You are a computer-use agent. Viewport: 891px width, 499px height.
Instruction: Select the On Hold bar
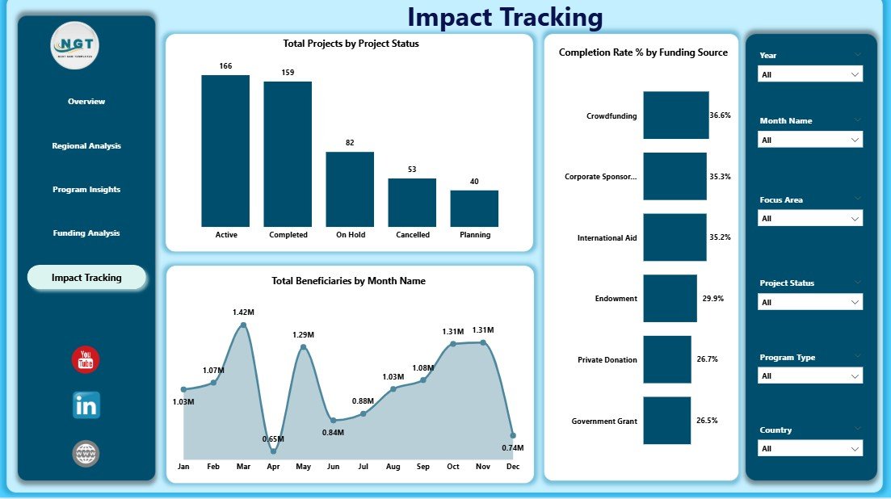[350, 189]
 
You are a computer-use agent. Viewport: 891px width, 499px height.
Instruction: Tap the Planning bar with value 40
[474, 208]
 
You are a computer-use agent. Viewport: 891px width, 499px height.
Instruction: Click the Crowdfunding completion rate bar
[675, 115]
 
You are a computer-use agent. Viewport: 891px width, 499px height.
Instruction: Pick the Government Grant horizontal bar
[666, 421]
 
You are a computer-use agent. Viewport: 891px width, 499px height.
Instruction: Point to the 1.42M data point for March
[243, 325]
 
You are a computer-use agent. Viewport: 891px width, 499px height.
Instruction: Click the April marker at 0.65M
[273, 451]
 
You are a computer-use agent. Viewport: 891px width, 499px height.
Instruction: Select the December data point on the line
[512, 435]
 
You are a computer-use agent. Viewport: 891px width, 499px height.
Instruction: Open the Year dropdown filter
[810, 74]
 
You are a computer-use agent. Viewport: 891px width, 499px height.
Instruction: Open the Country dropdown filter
[810, 448]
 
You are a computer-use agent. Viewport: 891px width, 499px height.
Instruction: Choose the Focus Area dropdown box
[810, 218]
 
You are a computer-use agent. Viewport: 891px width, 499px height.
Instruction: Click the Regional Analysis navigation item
[86, 146]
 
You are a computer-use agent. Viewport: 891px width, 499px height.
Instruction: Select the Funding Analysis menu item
[86, 233]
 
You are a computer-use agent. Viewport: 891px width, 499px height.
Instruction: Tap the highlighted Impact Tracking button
[86, 278]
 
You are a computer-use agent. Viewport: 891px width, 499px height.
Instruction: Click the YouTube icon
[86, 360]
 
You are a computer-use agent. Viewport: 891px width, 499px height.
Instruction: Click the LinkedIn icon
[86, 405]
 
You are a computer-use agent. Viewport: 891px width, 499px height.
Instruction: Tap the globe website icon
[86, 454]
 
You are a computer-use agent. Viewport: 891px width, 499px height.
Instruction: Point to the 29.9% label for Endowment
[712, 299]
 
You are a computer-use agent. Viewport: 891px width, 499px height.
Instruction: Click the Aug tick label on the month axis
[393, 467]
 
